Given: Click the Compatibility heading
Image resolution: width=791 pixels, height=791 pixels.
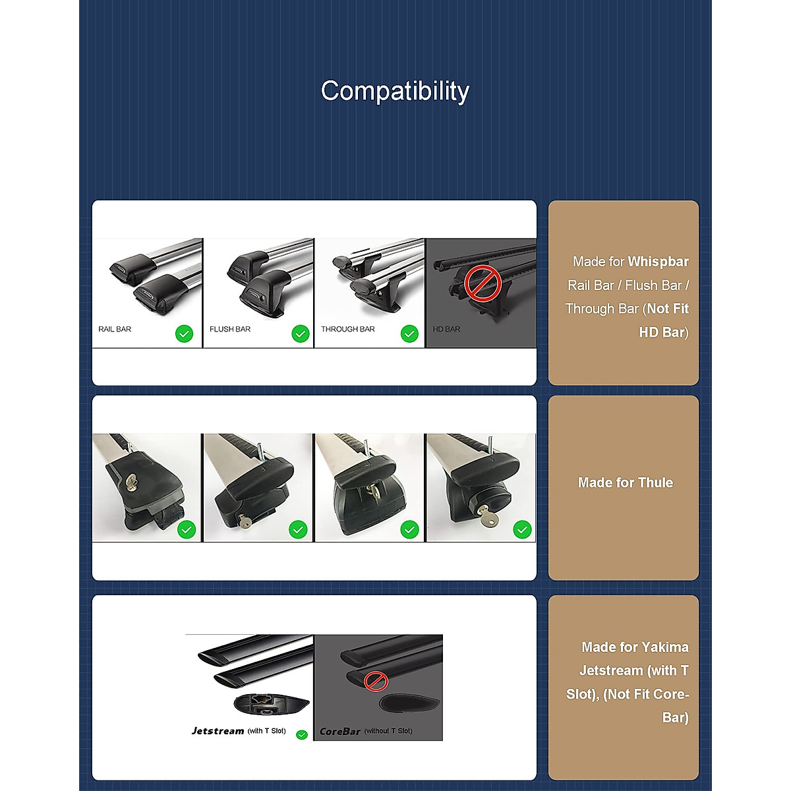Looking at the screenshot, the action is pyautogui.click(x=395, y=91).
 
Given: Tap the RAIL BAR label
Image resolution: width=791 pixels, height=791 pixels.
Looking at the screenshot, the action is pyautogui.click(x=115, y=329).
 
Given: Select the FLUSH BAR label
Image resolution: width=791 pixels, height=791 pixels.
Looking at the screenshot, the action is pyautogui.click(x=230, y=329).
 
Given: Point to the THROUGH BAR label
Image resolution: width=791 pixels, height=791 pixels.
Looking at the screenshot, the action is pyautogui.click(x=347, y=329).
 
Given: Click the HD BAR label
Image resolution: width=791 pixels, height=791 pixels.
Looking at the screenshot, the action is pyautogui.click(x=446, y=329).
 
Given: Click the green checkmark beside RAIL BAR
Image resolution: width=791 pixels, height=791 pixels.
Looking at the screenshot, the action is pyautogui.click(x=184, y=334).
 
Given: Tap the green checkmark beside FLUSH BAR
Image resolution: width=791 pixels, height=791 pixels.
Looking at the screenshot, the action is pyautogui.click(x=300, y=334).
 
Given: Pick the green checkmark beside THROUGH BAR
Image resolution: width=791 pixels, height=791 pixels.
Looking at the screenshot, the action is pyautogui.click(x=409, y=334).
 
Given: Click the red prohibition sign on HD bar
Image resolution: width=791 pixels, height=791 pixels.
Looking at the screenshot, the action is pyautogui.click(x=483, y=283).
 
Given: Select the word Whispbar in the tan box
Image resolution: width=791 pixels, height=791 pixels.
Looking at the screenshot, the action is pyautogui.click(x=658, y=262).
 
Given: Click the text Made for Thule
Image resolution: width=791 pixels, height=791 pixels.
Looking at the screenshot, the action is pyautogui.click(x=625, y=483).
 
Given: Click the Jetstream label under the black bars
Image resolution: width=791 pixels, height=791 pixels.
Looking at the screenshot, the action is pyautogui.click(x=218, y=730).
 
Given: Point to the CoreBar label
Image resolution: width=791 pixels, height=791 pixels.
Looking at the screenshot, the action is pyautogui.click(x=339, y=731).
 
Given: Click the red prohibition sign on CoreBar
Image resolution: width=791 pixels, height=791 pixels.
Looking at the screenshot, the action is pyautogui.click(x=376, y=681).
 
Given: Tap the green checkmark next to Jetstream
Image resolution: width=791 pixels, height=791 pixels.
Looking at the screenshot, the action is pyautogui.click(x=302, y=734).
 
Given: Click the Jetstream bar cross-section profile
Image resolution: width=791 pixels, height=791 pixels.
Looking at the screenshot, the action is pyautogui.click(x=271, y=705).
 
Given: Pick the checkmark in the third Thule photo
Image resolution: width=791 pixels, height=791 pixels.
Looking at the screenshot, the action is pyautogui.click(x=409, y=529).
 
